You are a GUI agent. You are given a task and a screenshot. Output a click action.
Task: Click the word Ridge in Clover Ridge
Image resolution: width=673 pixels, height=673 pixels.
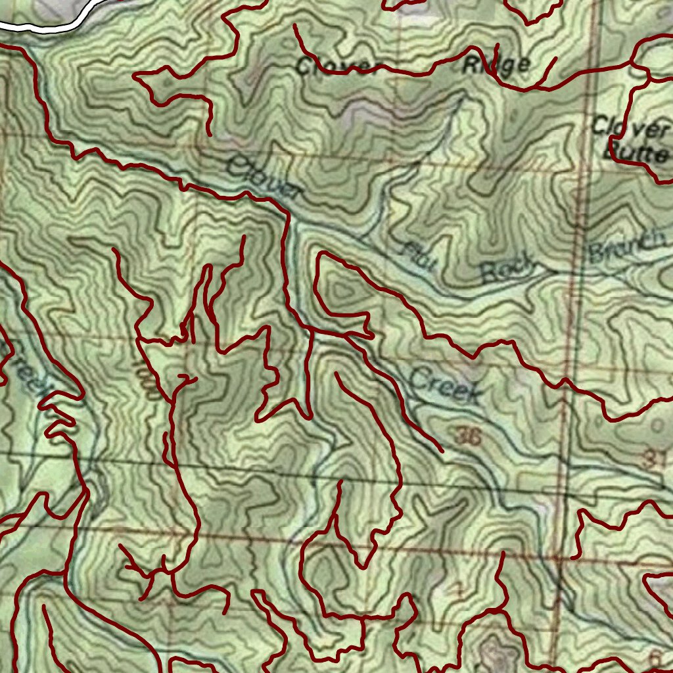tap(496, 65)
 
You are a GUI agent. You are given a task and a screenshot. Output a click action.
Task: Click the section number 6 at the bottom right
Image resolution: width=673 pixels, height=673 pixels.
tap(654, 658)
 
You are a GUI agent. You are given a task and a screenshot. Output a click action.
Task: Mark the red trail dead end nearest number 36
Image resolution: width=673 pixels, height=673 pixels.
tap(442, 452)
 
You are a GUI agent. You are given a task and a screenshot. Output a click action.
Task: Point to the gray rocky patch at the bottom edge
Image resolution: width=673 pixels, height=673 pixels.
tap(496, 654)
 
